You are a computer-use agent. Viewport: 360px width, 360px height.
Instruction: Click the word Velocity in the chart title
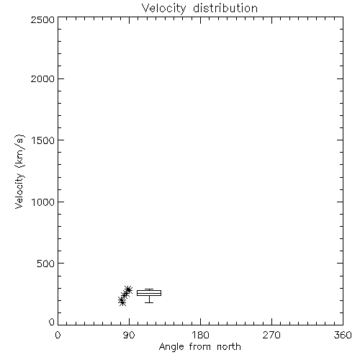tap(163, 9)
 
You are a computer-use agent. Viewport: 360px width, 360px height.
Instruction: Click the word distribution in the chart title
tap(225, 8)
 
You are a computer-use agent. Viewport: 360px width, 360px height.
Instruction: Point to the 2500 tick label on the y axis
tap(42, 19)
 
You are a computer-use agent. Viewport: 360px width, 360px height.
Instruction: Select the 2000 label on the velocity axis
tap(42, 78)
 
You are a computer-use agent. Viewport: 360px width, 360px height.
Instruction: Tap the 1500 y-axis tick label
tap(43, 140)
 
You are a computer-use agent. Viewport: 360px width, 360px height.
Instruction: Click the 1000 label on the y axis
tap(43, 202)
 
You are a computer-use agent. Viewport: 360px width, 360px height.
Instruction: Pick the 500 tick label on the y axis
tap(46, 264)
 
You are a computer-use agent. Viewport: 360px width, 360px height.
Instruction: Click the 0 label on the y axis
tap(52, 322)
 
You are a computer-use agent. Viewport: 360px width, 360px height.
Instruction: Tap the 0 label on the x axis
tap(58, 335)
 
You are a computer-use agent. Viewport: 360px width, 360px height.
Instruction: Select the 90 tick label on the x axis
tap(129, 335)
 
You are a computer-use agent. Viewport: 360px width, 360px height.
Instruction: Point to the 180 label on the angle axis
tap(200, 335)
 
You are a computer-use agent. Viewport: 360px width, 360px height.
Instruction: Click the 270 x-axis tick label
tap(271, 335)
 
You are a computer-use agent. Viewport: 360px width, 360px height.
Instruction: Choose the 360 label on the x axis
tap(343, 335)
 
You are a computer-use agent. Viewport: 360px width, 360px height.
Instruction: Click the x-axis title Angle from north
tap(200, 347)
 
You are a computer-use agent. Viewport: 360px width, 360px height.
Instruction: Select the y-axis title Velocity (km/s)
tap(19, 171)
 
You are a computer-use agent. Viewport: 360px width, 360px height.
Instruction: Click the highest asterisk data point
tap(128, 289)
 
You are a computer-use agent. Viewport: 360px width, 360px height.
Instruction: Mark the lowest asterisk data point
tap(122, 302)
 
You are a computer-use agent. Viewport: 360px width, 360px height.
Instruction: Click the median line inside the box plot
tap(149, 293)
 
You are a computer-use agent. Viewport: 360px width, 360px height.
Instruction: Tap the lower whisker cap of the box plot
tap(149, 302)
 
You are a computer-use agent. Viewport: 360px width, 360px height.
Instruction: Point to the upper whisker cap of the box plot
tap(149, 289)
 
